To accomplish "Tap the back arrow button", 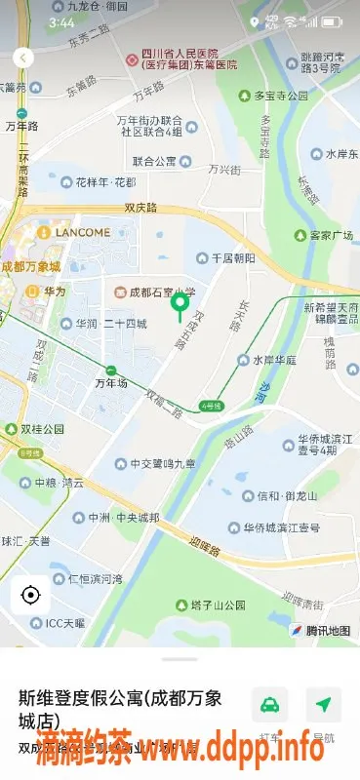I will point(22,58).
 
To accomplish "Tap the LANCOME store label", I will point(75,232).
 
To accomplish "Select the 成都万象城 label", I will point(30,266).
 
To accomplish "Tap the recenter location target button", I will point(30,595).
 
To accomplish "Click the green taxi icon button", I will point(269,705).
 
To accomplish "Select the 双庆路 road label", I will point(141,207).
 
